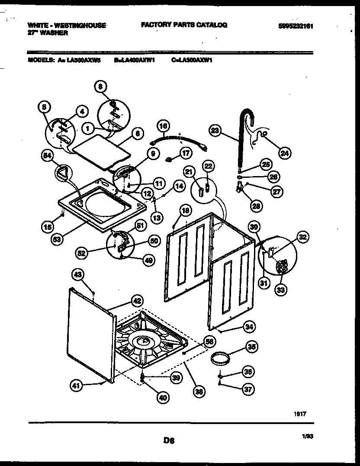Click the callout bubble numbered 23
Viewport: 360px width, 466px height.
(215, 129)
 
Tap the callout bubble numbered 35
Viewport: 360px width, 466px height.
(251, 346)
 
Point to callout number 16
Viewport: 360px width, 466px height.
(163, 126)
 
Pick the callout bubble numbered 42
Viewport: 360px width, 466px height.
(137, 301)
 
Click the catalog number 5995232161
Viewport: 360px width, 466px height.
(296, 26)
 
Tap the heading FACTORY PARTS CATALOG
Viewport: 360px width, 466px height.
(184, 25)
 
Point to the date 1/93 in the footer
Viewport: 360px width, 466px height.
(307, 437)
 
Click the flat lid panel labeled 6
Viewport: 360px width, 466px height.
(102, 152)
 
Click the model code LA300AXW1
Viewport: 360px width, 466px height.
(192, 61)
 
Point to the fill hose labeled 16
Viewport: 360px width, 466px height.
(178, 141)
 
